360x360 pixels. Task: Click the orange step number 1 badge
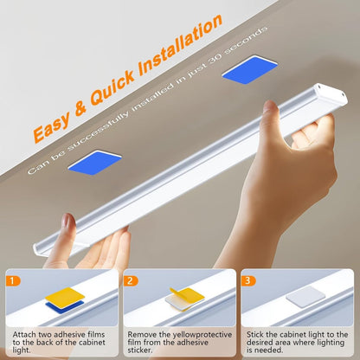[12, 281]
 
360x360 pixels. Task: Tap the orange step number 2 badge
[130, 281]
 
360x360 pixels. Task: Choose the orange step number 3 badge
[247, 281]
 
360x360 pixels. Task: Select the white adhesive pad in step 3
[299, 297]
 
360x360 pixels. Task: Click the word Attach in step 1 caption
[21, 332]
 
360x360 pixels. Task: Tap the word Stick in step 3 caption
[255, 332]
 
